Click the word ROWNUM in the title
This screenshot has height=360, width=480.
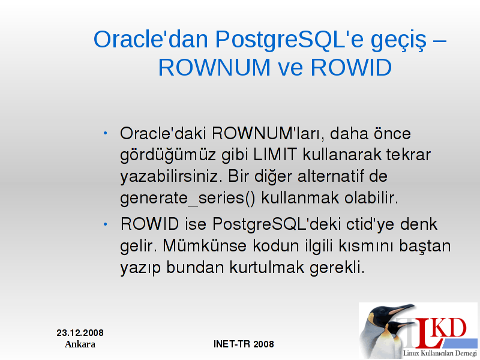[214, 67]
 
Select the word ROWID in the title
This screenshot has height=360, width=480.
[351, 67]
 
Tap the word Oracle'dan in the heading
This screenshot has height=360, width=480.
[151, 40]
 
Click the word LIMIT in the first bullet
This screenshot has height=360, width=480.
[275, 154]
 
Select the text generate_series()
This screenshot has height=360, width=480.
[187, 198]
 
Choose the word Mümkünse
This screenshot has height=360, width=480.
[205, 245]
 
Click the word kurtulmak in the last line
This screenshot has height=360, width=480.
[266, 267]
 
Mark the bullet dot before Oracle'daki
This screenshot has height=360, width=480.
[106, 133]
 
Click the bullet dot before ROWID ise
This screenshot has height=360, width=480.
[106, 224]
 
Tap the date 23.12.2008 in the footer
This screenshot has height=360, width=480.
[80, 333]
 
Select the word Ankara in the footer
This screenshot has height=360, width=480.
[80, 344]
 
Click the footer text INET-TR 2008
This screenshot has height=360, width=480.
[244, 344]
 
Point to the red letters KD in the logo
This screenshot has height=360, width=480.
[450, 328]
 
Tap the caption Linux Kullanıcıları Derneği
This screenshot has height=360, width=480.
[440, 353]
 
